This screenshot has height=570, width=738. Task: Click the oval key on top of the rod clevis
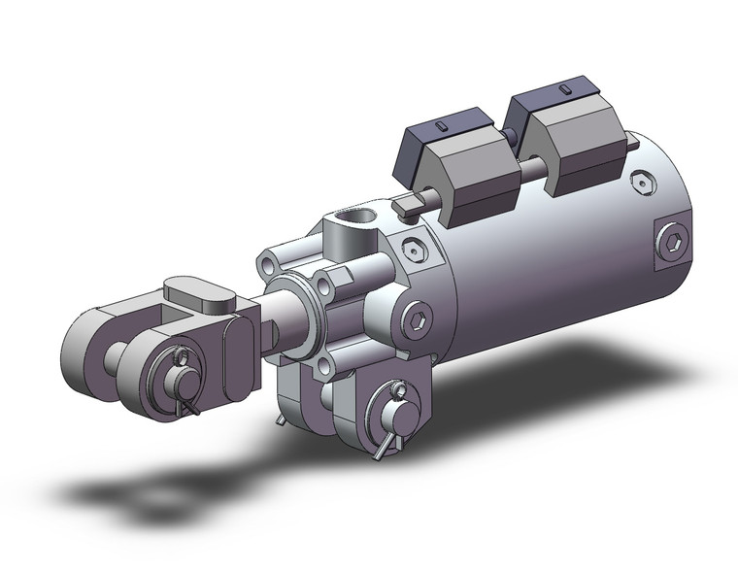pyautogui.click(x=199, y=293)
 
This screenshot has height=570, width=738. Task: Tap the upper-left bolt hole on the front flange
pyautogui.click(x=269, y=263)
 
